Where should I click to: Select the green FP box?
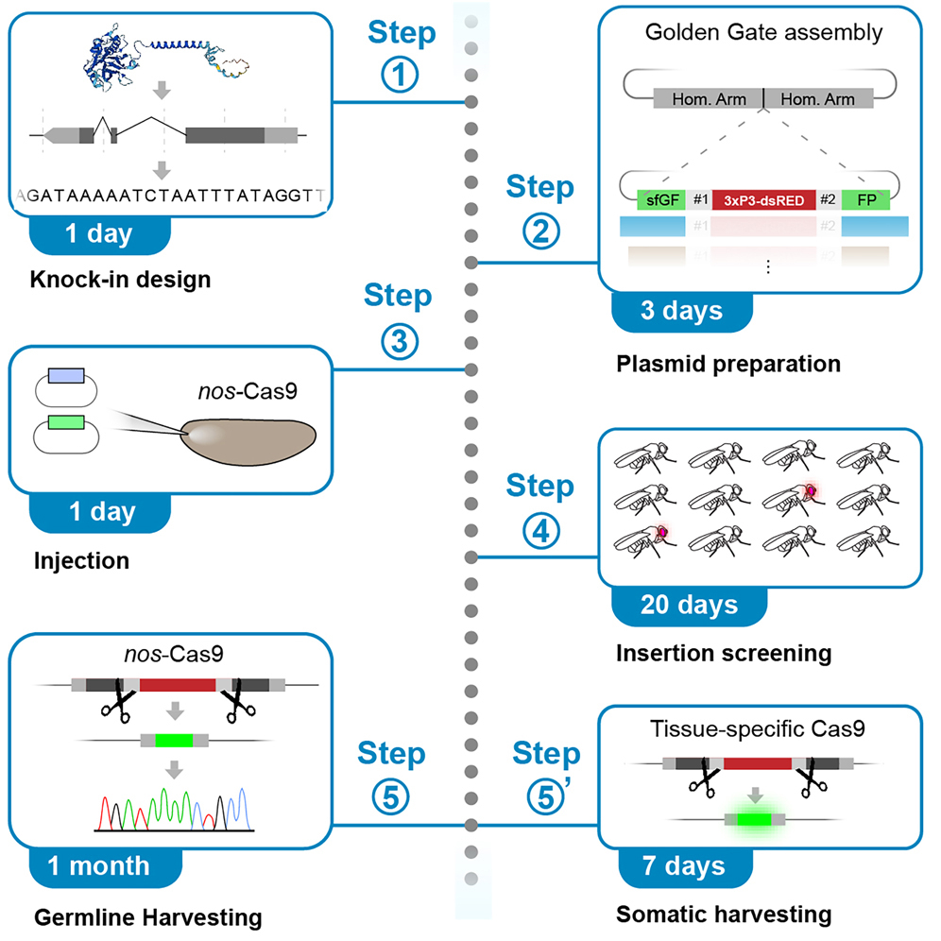pos(865,199)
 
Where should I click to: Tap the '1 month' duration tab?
pos(92,864)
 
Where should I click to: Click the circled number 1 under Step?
pos(402,76)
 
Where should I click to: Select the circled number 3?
pos(401,345)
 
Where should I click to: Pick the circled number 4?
pos(539,532)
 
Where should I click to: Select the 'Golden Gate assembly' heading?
pos(763,33)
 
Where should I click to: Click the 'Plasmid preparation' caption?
pos(727,362)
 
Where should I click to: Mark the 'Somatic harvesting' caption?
pos(724,915)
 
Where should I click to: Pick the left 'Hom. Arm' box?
pos(708,99)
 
